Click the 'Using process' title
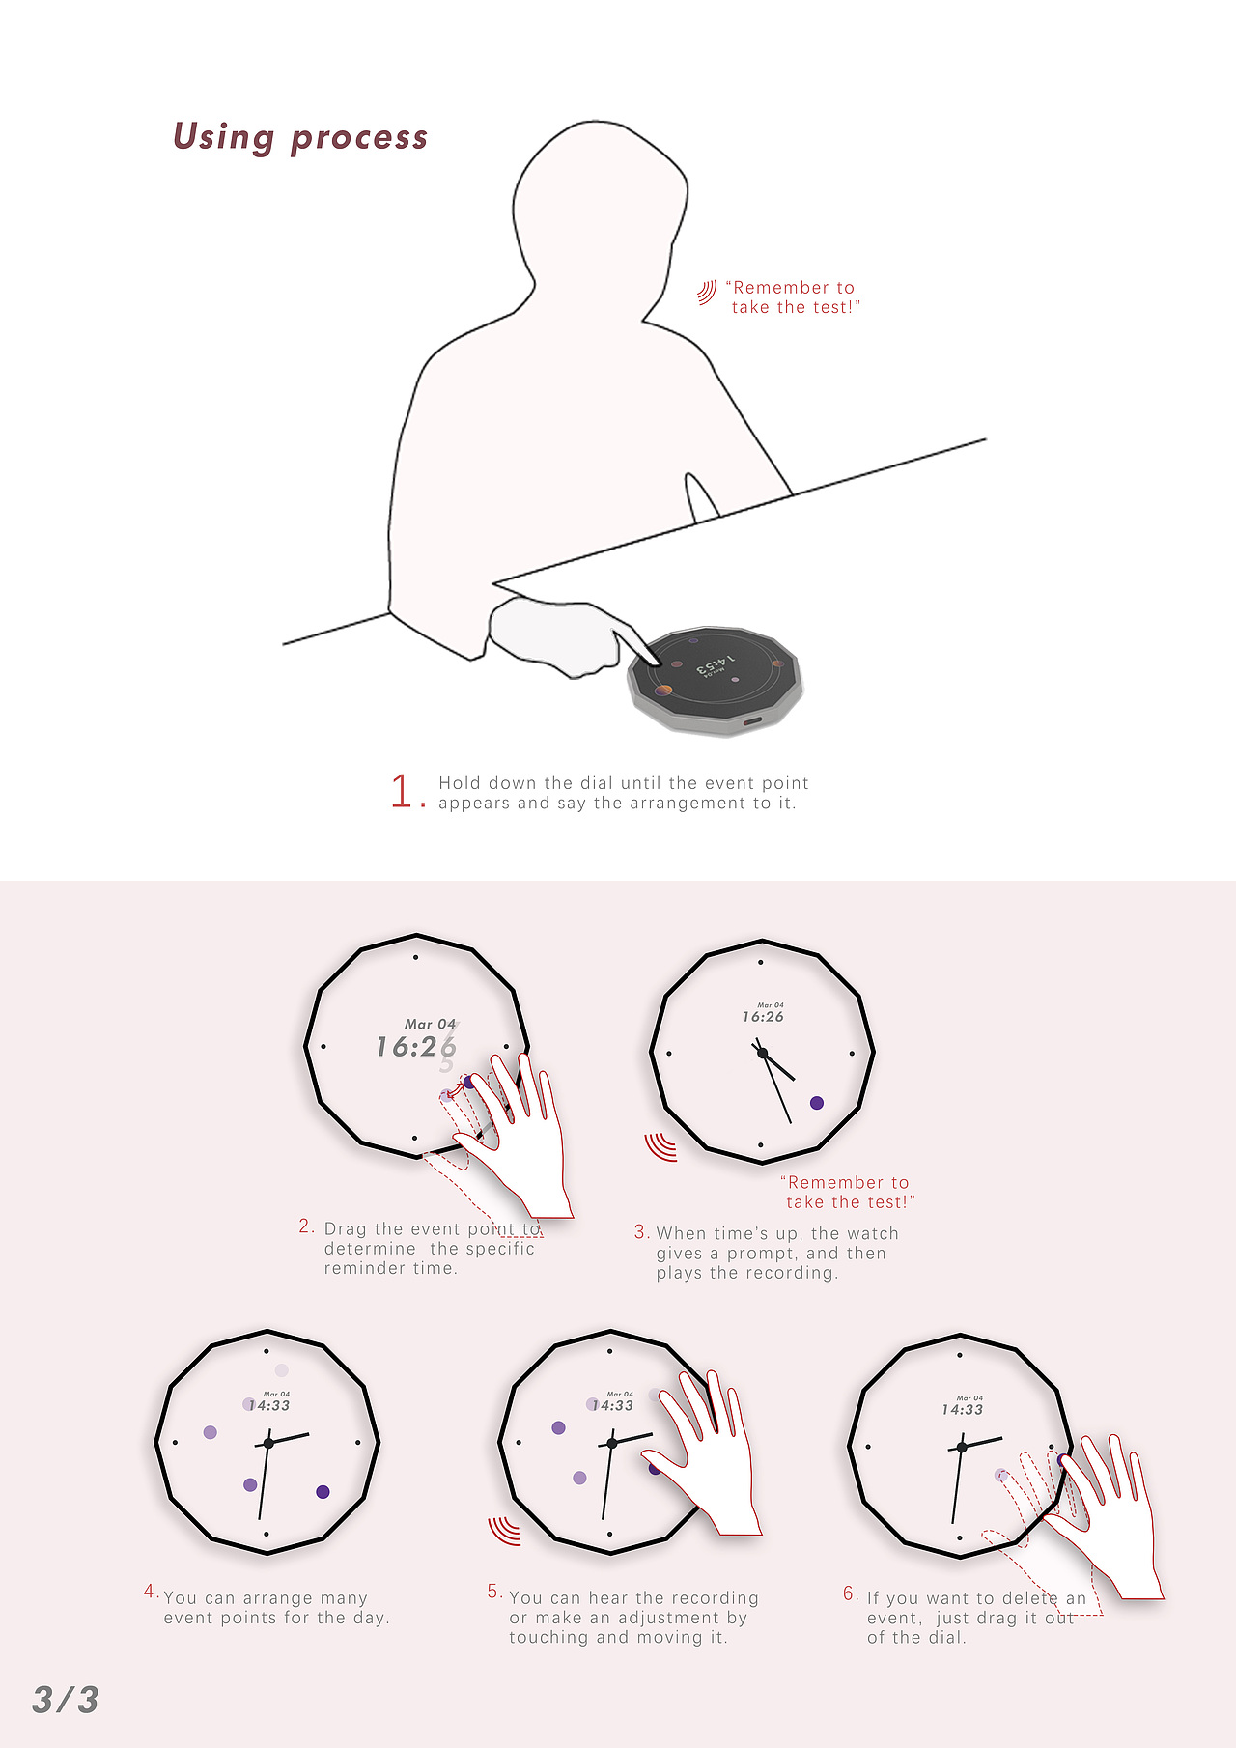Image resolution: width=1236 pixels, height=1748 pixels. (300, 137)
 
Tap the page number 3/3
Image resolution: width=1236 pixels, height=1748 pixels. (66, 1699)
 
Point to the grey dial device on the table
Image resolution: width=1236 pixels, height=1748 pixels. (716, 679)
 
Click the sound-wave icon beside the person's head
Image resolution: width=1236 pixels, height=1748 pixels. (707, 292)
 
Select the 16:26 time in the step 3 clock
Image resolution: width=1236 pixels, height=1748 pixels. (763, 1017)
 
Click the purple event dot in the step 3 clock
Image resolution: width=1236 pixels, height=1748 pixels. (817, 1103)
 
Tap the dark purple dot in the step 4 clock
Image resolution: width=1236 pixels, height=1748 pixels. (323, 1492)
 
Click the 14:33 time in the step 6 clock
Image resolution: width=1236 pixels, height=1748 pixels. (963, 1410)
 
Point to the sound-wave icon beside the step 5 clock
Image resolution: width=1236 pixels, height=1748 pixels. (504, 1531)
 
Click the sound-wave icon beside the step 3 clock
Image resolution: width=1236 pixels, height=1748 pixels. (660, 1146)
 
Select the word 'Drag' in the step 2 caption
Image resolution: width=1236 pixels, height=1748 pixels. (346, 1229)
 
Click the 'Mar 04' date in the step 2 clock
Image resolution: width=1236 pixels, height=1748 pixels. (430, 1024)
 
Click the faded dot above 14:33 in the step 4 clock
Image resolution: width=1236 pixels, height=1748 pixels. (281, 1370)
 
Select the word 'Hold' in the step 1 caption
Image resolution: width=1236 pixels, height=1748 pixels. (461, 783)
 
